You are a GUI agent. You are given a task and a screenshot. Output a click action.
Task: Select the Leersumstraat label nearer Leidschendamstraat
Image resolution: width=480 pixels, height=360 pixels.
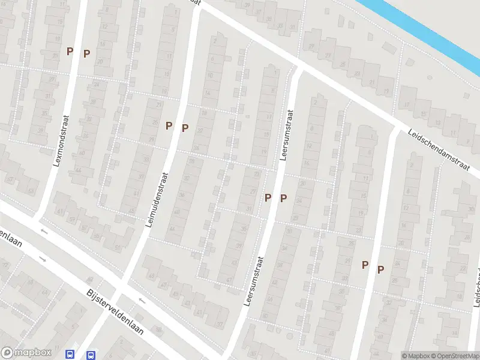pyautogui.click(x=286, y=135)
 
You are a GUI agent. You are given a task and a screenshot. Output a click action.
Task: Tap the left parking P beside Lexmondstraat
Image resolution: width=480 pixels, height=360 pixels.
pyautogui.click(x=70, y=52)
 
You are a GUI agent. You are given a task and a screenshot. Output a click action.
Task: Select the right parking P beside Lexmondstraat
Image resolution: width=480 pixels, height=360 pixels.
pyautogui.click(x=86, y=53)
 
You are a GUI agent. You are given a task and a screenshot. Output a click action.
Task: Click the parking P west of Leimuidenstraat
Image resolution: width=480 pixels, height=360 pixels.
pyautogui.click(x=169, y=126)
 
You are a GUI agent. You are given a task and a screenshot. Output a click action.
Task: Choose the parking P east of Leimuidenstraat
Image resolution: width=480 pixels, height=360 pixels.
pyautogui.click(x=185, y=128)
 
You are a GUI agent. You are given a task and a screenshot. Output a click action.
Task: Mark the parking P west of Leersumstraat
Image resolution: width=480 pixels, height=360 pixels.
pyautogui.click(x=268, y=197)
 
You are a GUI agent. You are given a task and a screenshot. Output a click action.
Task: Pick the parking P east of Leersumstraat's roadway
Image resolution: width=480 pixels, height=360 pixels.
pyautogui.click(x=283, y=198)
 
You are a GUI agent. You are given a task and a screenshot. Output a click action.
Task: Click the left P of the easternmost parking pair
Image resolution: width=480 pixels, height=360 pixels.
pyautogui.click(x=364, y=265)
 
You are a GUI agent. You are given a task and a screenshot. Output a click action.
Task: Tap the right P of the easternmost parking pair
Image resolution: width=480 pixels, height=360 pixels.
pyautogui.click(x=380, y=270)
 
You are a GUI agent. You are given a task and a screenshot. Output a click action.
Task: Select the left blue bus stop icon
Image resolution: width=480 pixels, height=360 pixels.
pyautogui.click(x=70, y=355)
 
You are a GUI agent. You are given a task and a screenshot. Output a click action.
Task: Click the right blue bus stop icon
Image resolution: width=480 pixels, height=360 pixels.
pyautogui.click(x=91, y=355)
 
